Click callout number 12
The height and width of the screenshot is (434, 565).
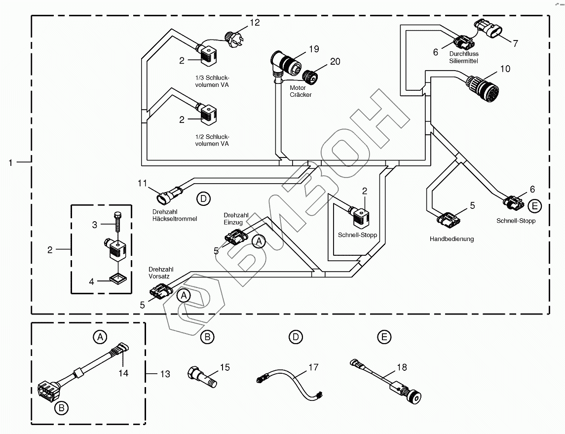click(255, 23)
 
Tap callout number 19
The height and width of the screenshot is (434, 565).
click(314, 49)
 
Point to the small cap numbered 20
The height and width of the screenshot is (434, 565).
click(311, 77)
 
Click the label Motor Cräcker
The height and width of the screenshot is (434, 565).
click(301, 91)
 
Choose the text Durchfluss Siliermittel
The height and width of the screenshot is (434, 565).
click(464, 57)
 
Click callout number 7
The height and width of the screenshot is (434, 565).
click(515, 43)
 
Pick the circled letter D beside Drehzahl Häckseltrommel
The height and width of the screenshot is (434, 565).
click(203, 199)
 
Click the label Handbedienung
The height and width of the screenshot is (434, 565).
click(452, 239)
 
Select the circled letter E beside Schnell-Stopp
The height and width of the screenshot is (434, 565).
click(534, 205)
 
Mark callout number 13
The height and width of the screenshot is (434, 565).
click(165, 374)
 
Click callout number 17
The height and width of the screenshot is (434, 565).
click(314, 367)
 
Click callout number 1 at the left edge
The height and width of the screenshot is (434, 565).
click(11, 161)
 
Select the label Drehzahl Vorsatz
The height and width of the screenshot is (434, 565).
click(159, 273)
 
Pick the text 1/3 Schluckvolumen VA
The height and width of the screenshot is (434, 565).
click(212, 81)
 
